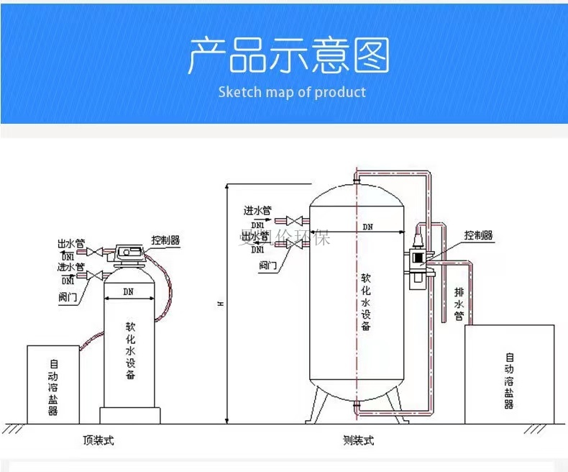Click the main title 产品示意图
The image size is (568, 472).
click(288, 56)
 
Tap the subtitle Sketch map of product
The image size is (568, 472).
click(292, 92)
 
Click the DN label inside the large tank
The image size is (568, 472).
click(367, 227)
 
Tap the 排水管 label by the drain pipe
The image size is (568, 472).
click(459, 305)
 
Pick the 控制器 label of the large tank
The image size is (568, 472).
click(478, 235)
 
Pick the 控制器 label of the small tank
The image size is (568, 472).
click(165, 240)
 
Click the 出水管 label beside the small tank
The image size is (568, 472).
click(71, 243)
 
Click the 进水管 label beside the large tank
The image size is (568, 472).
click(257, 211)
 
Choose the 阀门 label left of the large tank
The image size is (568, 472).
click(267, 265)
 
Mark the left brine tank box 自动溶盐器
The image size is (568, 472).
click(53, 384)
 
